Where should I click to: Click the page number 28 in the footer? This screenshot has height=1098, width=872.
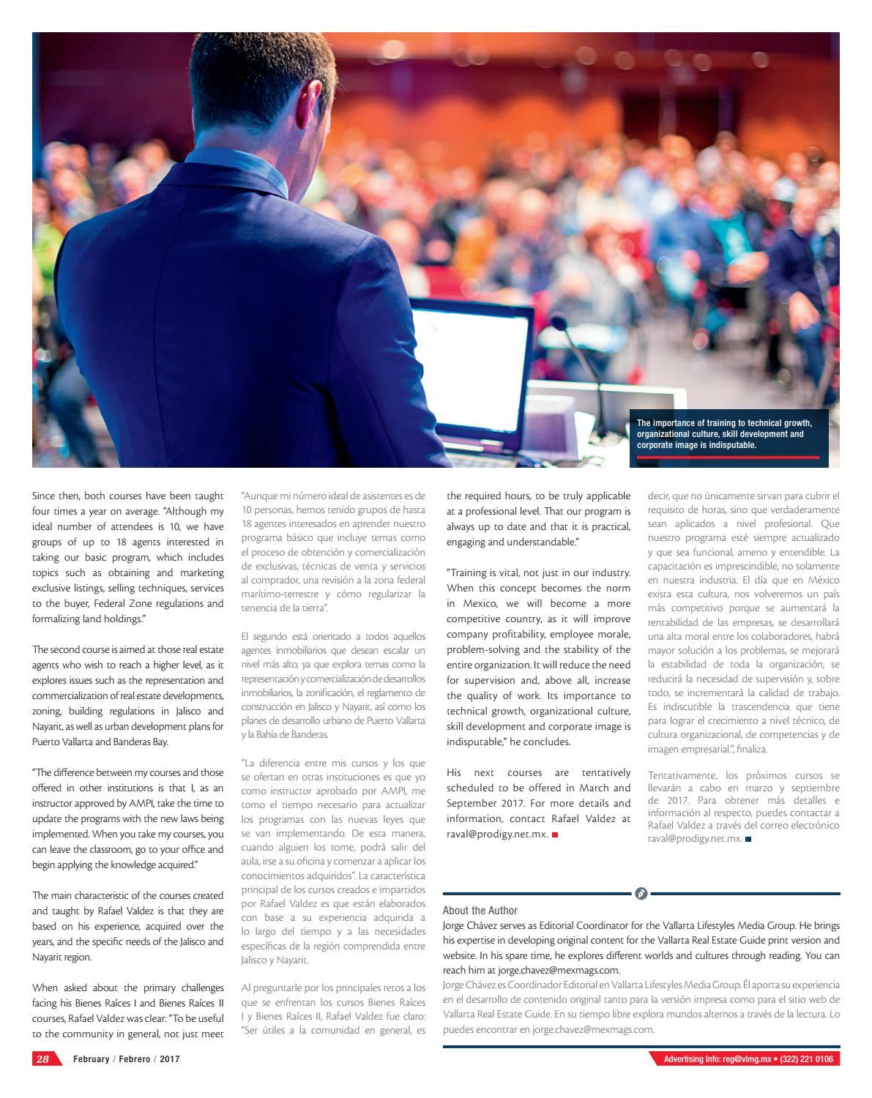[x=42, y=1059]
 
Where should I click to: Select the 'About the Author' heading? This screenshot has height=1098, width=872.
[x=480, y=911]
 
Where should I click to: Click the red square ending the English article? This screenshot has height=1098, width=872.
[x=555, y=834]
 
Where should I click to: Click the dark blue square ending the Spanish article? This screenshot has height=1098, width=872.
[x=748, y=839]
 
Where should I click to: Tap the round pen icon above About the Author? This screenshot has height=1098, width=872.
[x=641, y=894]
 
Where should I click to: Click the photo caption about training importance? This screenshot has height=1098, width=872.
[x=724, y=434]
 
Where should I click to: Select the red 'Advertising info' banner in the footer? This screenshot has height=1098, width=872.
[x=744, y=1059]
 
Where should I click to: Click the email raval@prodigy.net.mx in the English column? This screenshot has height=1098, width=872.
[x=497, y=834]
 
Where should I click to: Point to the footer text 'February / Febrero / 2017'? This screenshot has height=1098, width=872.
[x=126, y=1059]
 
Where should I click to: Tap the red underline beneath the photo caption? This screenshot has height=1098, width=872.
[x=728, y=457]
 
